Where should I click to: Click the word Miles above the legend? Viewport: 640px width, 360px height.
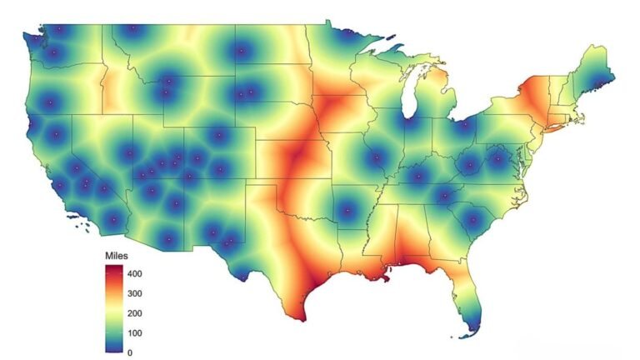[x=117, y=254]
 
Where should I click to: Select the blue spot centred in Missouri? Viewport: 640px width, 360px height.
[x=377, y=157]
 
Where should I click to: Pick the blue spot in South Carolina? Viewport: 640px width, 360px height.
[x=474, y=221]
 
